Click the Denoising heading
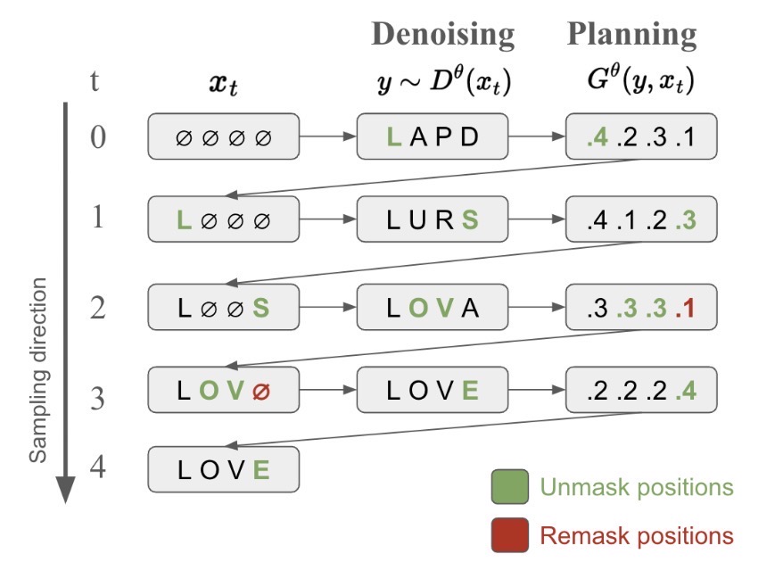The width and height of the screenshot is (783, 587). coord(442,35)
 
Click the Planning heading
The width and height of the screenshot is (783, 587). coord(631,35)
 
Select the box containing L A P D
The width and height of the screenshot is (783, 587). coord(433,136)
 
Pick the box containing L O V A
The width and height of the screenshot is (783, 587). coord(433,308)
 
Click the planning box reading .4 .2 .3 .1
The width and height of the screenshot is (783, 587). coord(641,136)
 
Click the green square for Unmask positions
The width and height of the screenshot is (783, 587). coord(509,488)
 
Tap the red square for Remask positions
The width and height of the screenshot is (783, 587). coord(509,535)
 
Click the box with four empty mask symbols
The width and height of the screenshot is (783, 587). coord(223,136)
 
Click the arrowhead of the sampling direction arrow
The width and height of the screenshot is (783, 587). coord(65,490)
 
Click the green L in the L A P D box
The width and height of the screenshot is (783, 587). coord(393,136)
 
